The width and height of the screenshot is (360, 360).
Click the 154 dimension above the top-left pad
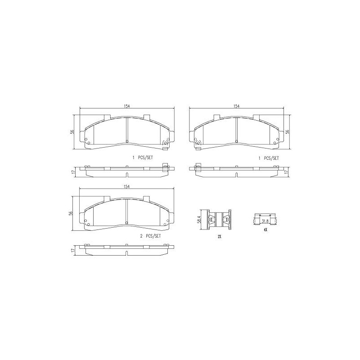click(127, 106)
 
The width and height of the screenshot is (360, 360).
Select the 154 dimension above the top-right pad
click(237, 106)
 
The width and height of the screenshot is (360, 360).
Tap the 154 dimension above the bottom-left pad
click(126, 187)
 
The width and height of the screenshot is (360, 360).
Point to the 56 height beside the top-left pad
click(72, 132)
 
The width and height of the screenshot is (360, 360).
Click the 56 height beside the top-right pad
click(287, 132)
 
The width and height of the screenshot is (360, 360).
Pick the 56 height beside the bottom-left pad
click(72, 213)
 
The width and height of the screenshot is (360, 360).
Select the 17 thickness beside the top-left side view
click(73, 172)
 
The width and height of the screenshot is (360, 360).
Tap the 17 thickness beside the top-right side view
click(286, 172)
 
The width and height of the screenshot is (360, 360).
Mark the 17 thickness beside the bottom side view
click(73, 251)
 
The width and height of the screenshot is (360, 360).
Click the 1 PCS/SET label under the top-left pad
click(143, 158)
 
